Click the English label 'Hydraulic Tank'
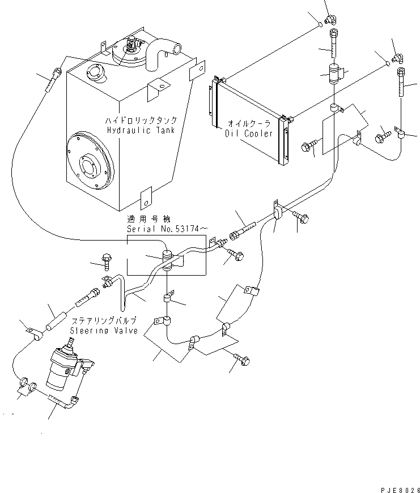(x=140, y=130)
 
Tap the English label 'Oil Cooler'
(x=249, y=134)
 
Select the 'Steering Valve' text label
(x=104, y=331)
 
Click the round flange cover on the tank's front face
(x=86, y=163)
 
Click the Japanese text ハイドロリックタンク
(x=141, y=121)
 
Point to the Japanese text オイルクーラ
(x=249, y=123)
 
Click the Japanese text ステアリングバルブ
(x=103, y=320)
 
